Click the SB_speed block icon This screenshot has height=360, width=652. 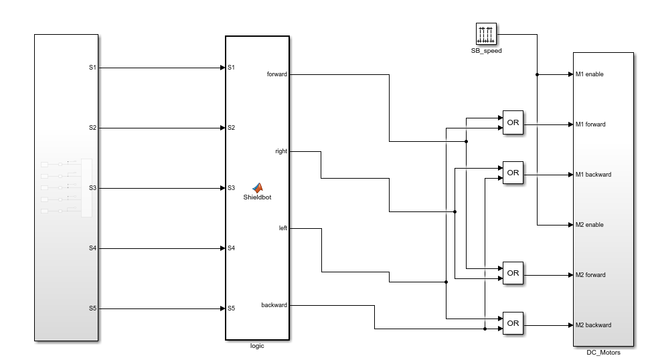coord(486,34)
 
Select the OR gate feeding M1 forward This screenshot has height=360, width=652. coord(513,122)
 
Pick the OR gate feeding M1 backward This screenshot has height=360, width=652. coord(513,173)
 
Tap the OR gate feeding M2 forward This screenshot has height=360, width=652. coord(513,273)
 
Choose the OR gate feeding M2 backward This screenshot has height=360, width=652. coord(513,323)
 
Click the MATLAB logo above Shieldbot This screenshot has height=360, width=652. coord(257,188)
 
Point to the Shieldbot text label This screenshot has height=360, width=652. coord(257,197)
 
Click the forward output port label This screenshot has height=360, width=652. coord(276,74)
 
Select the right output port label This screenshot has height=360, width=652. coord(281,151)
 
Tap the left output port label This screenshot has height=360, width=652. coord(282,228)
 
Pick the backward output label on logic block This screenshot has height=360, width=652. coord(274,305)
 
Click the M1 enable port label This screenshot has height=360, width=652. coord(589,74)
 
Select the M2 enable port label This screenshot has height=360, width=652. coord(589,225)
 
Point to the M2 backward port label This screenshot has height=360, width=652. coord(593,325)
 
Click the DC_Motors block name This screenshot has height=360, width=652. coord(603,353)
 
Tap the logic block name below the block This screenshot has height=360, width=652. coord(257,346)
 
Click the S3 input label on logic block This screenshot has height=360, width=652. coord(231,188)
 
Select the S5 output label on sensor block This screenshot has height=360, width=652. coord(93,308)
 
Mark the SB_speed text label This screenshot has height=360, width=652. coord(486,50)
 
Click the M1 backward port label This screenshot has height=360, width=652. coord(593,175)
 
